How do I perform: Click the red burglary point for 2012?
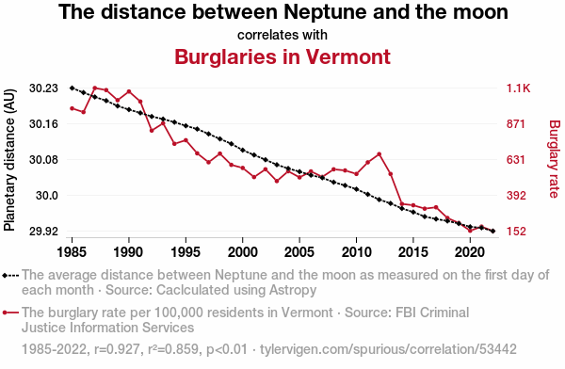click(x=379, y=154)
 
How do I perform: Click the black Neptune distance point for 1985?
click(x=73, y=88)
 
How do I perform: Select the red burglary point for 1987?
click(x=95, y=88)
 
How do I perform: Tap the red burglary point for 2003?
click(x=277, y=181)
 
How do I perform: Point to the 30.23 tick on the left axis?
click(x=43, y=88)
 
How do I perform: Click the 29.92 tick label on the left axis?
click(x=43, y=231)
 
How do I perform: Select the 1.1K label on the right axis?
click(x=518, y=88)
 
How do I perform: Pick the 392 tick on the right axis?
click(x=516, y=195)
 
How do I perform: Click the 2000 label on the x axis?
click(x=243, y=252)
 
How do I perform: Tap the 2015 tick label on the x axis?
click(x=413, y=252)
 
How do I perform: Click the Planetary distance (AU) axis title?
click(x=9, y=160)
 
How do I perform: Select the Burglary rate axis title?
click(x=555, y=159)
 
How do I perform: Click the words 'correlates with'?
click(x=282, y=35)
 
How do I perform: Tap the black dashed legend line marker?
click(x=10, y=276)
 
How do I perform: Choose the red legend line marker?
click(x=10, y=313)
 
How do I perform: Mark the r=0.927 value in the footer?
click(x=117, y=349)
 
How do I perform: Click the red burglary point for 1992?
click(x=152, y=131)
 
